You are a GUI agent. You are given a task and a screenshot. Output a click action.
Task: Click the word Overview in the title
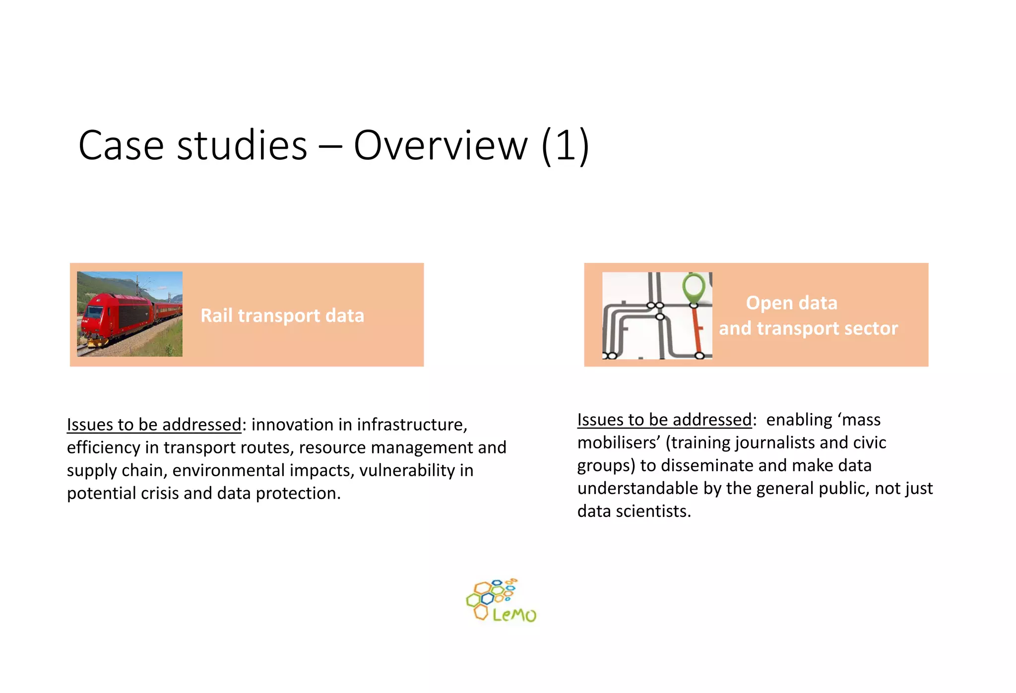click(441, 146)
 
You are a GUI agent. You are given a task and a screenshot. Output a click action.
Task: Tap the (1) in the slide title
click(565, 146)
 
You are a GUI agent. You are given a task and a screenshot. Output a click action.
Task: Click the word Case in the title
click(121, 146)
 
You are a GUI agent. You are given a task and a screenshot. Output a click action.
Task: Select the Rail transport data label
click(282, 315)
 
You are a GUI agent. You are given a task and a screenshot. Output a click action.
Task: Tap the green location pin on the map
click(694, 288)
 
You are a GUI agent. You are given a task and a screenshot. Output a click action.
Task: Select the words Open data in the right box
click(791, 303)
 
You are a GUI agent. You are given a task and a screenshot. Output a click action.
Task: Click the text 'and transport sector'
click(808, 328)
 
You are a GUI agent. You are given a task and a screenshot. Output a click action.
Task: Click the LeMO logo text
click(514, 615)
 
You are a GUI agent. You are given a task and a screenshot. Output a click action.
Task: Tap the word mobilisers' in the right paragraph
click(618, 442)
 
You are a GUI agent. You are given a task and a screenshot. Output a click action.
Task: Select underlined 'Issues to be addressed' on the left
click(154, 425)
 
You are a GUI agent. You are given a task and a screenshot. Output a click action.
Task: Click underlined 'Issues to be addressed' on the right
click(664, 420)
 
